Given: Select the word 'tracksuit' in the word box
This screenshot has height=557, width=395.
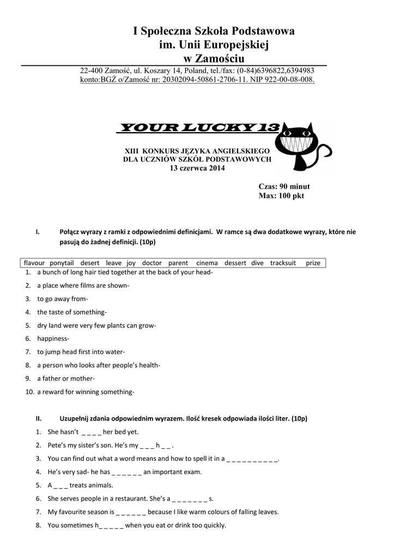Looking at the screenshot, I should tap(283, 263).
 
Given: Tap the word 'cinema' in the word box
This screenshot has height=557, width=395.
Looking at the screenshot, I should tap(206, 263).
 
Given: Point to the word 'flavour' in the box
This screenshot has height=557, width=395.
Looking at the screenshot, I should tap(34, 263).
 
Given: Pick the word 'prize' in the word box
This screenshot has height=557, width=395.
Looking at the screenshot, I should tap(313, 263).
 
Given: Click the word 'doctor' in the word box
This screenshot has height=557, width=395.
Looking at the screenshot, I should tap(152, 263).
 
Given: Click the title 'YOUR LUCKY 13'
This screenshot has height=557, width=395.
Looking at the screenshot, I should tap(198, 128).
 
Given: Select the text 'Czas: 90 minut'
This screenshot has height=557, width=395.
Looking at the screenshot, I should tap(284, 187).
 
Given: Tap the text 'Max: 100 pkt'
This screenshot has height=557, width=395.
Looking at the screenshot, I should tap(281, 196).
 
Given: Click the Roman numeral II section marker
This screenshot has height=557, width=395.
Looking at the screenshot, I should tap(39, 418).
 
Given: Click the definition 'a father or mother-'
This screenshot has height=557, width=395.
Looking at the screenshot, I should tap(66, 379).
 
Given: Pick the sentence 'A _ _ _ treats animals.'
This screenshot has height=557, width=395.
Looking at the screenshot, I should tap(81, 485).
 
